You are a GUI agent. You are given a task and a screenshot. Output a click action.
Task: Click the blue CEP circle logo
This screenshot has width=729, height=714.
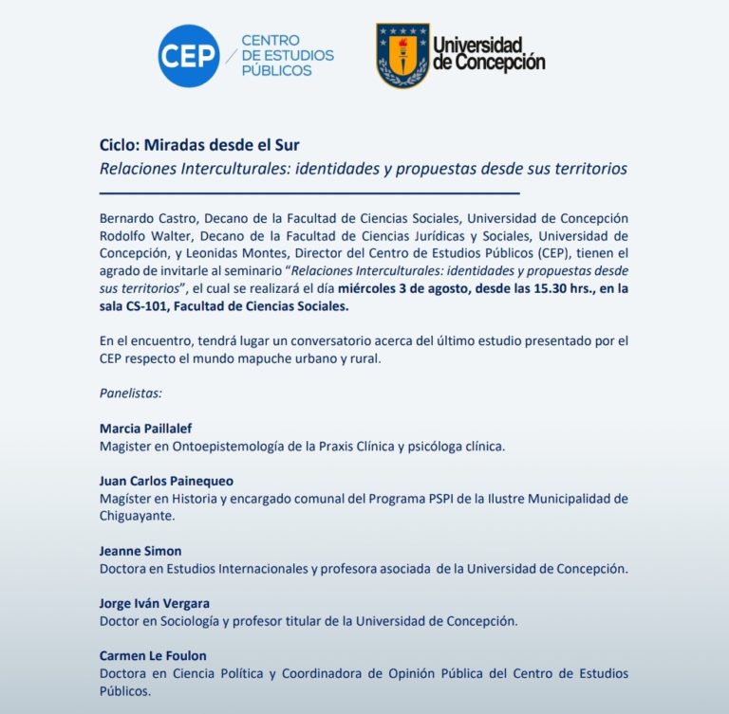(188, 56)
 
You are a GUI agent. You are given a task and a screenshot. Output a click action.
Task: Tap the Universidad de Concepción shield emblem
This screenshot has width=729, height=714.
(402, 56)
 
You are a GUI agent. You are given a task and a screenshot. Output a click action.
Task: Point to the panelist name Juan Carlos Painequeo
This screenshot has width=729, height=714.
(166, 481)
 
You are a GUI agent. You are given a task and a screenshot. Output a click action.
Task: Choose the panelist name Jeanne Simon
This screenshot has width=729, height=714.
(140, 551)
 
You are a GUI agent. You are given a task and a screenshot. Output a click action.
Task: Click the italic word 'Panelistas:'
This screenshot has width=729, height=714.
(131, 392)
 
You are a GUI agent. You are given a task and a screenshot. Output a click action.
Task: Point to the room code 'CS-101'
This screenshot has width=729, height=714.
(152, 306)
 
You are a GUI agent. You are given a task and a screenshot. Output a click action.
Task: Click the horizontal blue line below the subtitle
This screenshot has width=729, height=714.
(308, 193)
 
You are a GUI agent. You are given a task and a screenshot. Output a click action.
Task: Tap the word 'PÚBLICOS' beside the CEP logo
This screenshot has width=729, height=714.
(276, 71)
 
